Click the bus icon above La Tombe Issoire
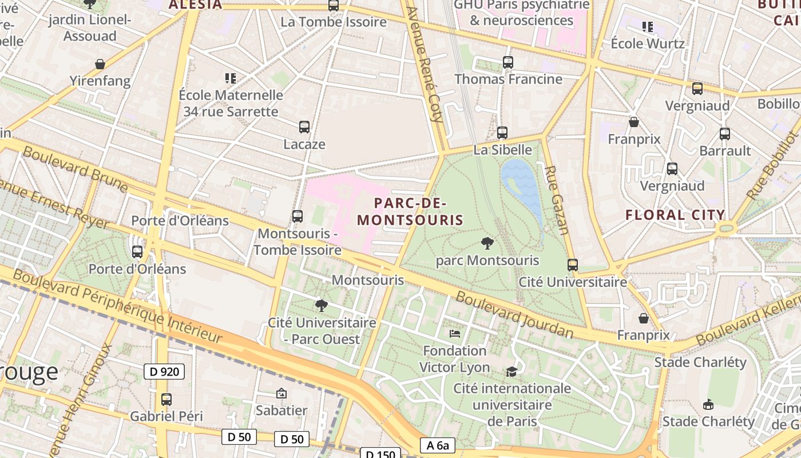[x=333, y=5]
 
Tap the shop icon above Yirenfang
[x=100, y=64]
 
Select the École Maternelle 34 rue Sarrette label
[x=231, y=103]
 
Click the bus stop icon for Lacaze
[x=304, y=127]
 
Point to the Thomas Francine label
[x=508, y=79]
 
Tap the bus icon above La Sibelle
[x=502, y=133]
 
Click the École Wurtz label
[x=648, y=44]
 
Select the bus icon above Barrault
[x=725, y=134]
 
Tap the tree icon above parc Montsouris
[x=487, y=243]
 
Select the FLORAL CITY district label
[x=675, y=215]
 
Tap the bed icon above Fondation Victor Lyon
[x=455, y=333]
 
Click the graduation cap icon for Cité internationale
[x=511, y=372]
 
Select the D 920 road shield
[x=164, y=372]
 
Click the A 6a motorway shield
[x=438, y=445]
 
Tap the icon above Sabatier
[x=281, y=393]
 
